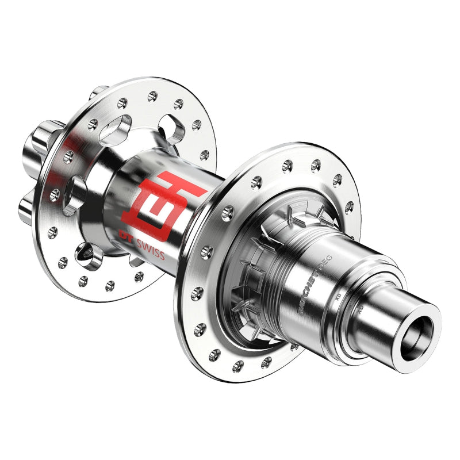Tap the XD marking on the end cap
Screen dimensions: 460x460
(361, 309)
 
